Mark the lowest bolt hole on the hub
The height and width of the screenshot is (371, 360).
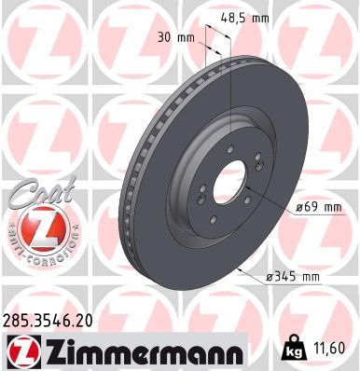point(222,216)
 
